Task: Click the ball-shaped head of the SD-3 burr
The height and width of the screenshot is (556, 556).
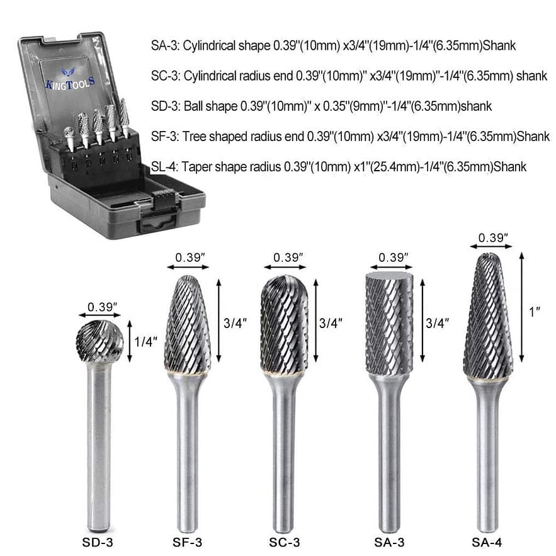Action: point(99,341)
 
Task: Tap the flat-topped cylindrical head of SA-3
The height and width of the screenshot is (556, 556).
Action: point(389,321)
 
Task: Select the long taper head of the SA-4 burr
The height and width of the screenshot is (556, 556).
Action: point(488,315)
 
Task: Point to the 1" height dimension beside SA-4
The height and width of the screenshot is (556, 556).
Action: point(535,312)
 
